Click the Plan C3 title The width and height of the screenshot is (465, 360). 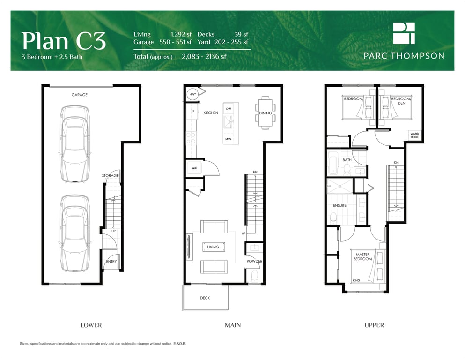[64, 41]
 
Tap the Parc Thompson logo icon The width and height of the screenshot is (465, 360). [404, 33]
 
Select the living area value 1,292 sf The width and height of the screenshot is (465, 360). [181, 34]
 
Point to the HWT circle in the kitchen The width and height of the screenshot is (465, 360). [192, 94]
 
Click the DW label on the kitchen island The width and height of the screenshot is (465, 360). [229, 109]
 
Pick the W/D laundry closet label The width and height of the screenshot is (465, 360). [194, 168]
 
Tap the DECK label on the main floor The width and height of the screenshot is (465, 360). [205, 298]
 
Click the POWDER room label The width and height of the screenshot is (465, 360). [254, 261]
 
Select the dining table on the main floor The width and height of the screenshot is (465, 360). [266, 113]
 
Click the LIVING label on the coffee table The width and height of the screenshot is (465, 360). [213, 247]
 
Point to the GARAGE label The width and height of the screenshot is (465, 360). [80, 95]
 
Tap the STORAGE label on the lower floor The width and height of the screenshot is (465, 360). [111, 175]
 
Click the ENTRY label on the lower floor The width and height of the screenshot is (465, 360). [111, 262]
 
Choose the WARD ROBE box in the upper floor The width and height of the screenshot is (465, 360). [414, 135]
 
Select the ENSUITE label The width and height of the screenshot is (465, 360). [340, 205]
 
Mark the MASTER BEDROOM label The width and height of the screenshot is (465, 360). [362, 257]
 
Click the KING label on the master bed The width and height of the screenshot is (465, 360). [356, 280]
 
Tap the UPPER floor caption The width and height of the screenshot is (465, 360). [374, 325]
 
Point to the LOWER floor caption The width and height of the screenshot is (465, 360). [91, 325]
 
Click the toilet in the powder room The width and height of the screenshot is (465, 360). [254, 277]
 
